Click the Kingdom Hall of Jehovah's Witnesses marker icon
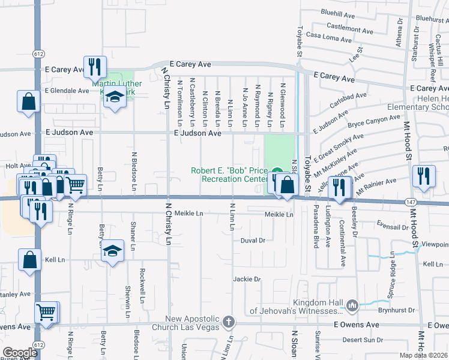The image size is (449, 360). click(x=352, y=306)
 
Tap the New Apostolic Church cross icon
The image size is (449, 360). click(x=228, y=323)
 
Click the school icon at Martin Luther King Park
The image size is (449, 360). click(x=115, y=97)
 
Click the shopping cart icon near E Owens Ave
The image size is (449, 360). click(x=46, y=312)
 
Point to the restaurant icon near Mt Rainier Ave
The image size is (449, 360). click(x=424, y=176)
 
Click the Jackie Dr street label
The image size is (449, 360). click(x=247, y=279)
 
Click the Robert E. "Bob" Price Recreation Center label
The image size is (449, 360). click(x=229, y=175)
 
